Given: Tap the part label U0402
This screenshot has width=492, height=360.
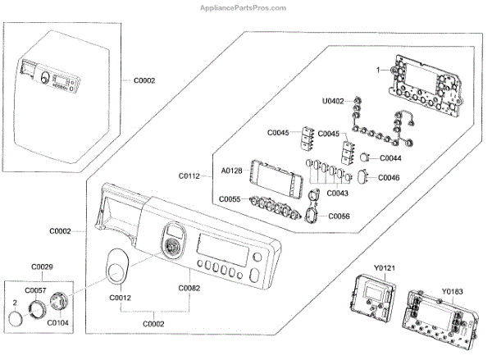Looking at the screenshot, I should pos(334,102).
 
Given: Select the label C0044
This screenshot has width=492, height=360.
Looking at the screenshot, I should pos(389,157).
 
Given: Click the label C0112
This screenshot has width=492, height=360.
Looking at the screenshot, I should pos(189,175).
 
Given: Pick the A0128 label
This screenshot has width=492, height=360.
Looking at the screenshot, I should pos(231,171).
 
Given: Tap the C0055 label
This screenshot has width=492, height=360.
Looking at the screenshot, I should pos(230,199).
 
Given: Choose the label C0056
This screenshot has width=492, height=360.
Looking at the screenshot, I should pos(339,216).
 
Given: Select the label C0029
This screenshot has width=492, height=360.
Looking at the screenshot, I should pos(42,267).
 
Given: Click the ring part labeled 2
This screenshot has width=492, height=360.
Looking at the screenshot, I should pos(13,317).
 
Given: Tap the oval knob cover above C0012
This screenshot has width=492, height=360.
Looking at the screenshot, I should pos(117,267).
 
